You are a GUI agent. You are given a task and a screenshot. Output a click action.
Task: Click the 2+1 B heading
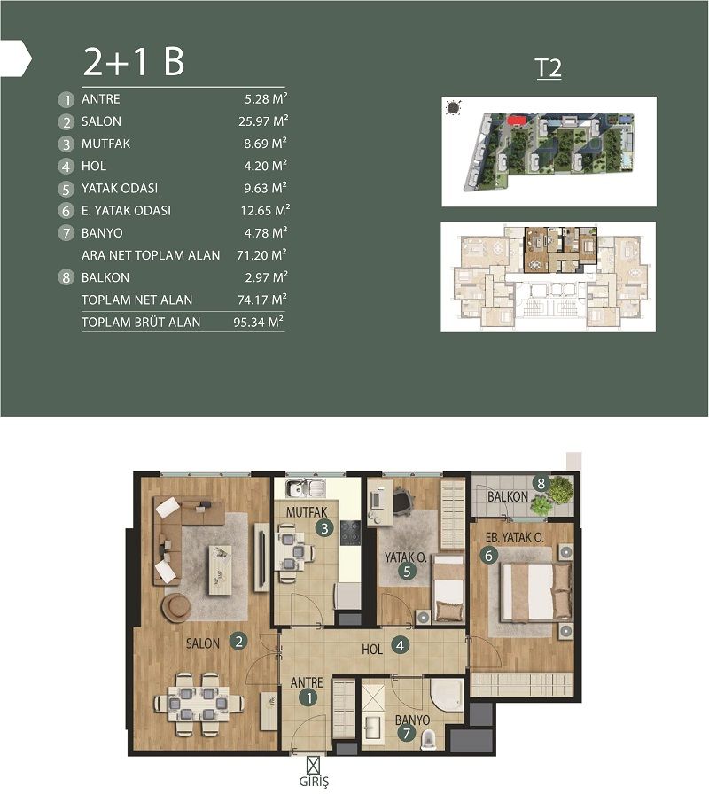pos(134,61)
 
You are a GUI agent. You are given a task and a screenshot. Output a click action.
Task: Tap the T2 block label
pos(549,69)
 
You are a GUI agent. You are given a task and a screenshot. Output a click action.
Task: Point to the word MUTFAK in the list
pos(105,144)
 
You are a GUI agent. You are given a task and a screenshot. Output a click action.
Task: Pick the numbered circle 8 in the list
pos(65,278)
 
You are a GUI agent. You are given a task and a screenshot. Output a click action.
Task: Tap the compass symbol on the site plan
pos(454,108)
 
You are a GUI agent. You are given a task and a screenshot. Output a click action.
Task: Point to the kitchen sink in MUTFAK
pos(305,487)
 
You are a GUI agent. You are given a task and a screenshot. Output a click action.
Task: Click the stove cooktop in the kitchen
pos(351,533)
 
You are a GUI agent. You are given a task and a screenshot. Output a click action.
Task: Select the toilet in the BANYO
pos(429,737)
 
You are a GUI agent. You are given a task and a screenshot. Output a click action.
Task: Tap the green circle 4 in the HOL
pos(401,646)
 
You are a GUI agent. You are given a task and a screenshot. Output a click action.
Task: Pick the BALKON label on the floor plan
pos(503,496)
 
